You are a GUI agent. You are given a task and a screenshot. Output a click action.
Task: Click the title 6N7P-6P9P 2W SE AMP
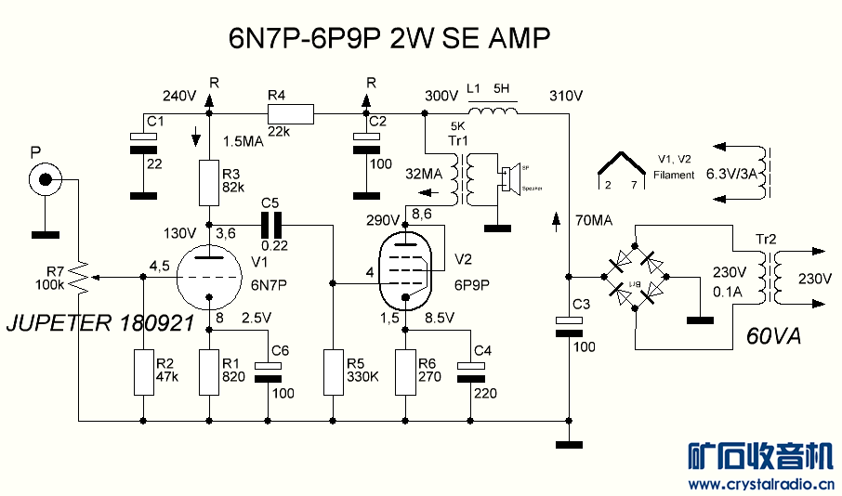point(390,39)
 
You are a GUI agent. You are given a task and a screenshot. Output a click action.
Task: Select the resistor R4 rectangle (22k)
point(291,114)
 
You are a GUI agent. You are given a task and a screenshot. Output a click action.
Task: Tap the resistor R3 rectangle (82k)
point(209,182)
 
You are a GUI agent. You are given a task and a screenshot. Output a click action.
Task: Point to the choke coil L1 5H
point(493,111)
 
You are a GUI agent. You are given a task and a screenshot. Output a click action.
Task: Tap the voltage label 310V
point(566,96)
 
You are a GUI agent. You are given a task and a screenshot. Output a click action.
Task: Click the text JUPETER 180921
point(99,324)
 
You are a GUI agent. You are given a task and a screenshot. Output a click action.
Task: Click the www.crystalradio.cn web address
point(759,484)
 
